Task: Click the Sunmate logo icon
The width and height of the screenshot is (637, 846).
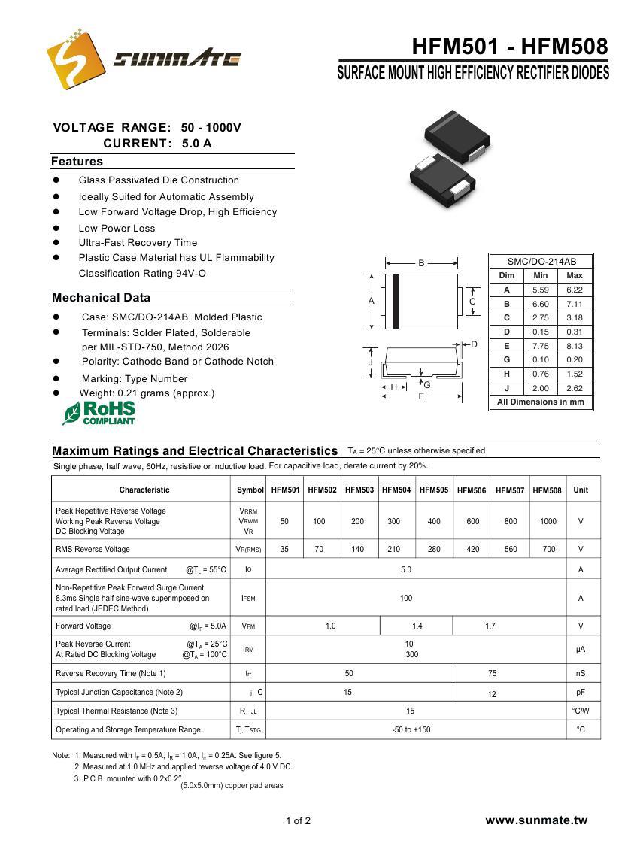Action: (x=74, y=56)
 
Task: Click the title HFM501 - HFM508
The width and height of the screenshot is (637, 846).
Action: (x=509, y=47)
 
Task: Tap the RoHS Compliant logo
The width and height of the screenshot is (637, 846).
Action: (x=99, y=413)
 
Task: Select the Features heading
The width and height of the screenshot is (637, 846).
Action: (x=77, y=162)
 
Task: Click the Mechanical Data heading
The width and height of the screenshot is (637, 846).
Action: (x=101, y=298)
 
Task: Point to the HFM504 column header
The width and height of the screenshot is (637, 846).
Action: (x=396, y=490)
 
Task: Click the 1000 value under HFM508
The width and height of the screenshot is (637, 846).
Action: (x=548, y=521)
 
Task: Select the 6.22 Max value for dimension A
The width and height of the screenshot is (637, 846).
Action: (x=575, y=290)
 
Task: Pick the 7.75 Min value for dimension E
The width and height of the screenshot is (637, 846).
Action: (x=540, y=346)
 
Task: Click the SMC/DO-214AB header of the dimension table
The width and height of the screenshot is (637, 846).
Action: (x=541, y=262)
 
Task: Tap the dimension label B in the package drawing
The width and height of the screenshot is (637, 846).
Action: (x=422, y=263)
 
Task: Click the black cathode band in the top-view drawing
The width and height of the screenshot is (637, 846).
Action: (x=396, y=301)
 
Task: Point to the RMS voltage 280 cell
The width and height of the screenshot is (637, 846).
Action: (x=434, y=549)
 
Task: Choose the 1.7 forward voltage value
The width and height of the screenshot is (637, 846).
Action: (x=490, y=626)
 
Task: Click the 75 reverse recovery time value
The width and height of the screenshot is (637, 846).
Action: (x=492, y=673)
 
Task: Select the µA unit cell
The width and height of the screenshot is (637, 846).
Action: (x=581, y=649)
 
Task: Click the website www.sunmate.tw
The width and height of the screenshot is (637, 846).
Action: (x=536, y=820)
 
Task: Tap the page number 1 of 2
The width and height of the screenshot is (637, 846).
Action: (x=298, y=820)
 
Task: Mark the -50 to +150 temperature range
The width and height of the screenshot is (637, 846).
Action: (x=411, y=729)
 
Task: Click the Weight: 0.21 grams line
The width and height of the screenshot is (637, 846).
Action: (x=147, y=393)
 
